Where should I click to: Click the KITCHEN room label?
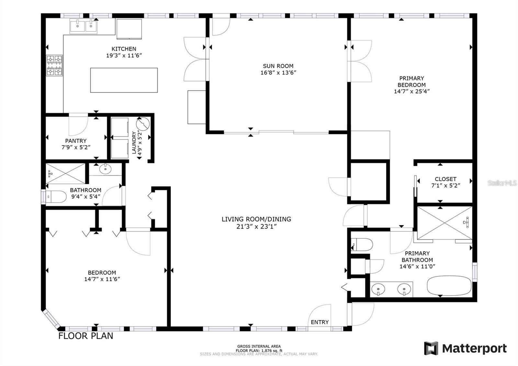124,49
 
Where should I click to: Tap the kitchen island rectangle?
124,80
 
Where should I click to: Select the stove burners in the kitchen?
54,66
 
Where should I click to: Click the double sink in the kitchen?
83,26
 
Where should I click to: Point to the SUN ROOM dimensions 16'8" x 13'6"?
278,72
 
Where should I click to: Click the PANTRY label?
76,141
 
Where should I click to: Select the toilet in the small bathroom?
56,196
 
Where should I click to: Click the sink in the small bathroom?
105,169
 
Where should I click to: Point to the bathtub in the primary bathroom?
449,286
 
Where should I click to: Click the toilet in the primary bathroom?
363,244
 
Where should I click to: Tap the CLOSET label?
445,179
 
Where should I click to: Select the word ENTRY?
320,322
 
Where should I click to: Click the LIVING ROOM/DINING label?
256,219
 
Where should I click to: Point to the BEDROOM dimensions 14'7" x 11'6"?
102,279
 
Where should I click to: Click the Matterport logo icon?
431,348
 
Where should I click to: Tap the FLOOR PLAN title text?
85,336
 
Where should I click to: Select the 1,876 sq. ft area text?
259,350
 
